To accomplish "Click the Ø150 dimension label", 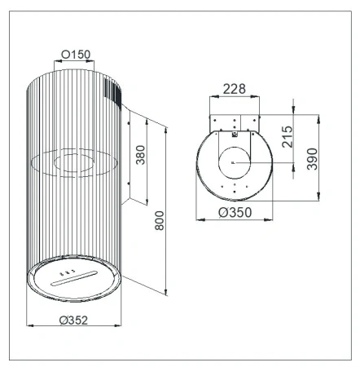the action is coord(76,55).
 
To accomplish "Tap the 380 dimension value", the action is coord(141,155).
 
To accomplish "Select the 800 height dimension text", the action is coord(160,220).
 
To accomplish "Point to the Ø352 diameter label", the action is coord(73,320).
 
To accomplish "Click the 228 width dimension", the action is coord(235,89).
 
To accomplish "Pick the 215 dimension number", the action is coord(288,137).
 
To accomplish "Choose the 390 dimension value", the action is coord(312,159).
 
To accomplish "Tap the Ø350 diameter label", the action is coord(235,212).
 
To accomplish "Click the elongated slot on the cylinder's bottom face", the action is coord(73,278).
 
